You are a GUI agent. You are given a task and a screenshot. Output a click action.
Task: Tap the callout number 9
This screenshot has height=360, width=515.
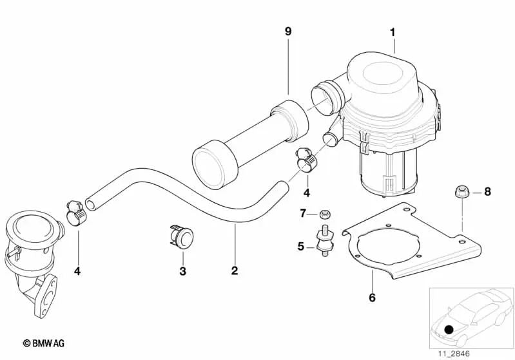288,31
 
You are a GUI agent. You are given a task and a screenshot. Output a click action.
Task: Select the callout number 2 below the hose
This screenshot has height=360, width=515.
235,270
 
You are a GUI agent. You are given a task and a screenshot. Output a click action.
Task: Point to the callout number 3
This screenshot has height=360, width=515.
182,271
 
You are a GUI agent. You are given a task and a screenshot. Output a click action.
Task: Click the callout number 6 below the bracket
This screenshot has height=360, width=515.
373,298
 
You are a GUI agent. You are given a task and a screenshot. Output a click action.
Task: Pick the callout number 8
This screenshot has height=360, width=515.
487,191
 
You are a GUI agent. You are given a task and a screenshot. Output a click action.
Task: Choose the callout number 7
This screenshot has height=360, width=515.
302,213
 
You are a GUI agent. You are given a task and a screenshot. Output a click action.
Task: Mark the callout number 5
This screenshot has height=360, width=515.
301,245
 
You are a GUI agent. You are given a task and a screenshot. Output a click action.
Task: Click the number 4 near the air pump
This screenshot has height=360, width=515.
306,193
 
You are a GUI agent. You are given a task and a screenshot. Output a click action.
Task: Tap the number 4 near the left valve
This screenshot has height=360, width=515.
77,271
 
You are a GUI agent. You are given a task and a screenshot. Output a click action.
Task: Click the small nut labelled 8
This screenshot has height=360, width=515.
461,191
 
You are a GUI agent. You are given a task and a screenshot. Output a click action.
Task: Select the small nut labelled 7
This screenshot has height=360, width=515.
326,213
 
